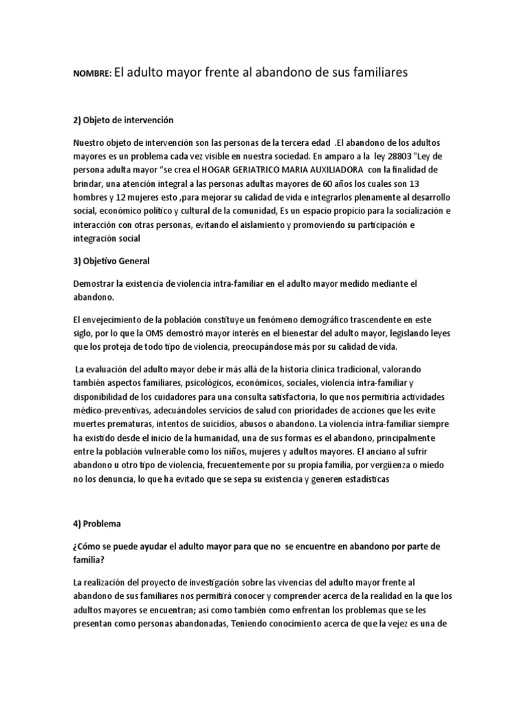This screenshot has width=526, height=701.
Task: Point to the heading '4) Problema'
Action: (x=97, y=524)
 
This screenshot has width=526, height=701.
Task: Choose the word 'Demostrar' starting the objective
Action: (x=95, y=283)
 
